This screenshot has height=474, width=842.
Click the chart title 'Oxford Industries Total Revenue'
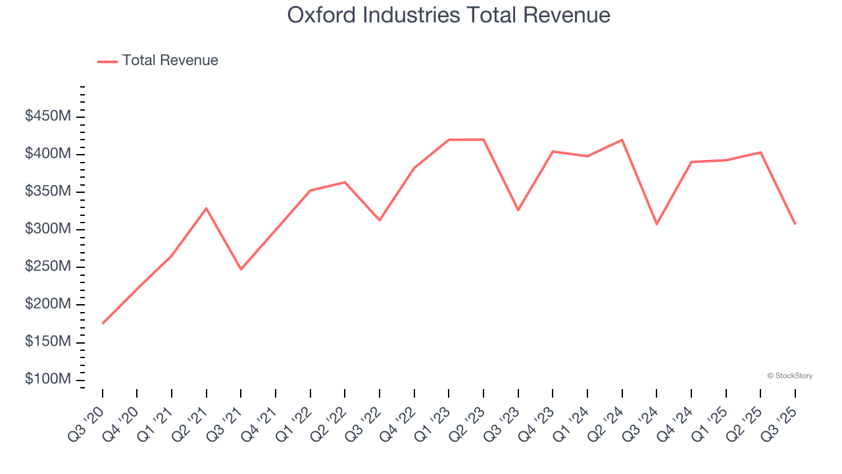[449, 14]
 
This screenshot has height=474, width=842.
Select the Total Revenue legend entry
[158, 61]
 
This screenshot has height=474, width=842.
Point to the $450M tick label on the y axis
[47, 117]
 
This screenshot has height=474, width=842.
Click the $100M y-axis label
[47, 380]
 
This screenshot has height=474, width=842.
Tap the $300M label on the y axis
[47, 229]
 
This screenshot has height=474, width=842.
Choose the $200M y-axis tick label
[47, 305]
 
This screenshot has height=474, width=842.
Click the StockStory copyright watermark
[789, 376]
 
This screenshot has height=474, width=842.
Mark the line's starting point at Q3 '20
[103, 323]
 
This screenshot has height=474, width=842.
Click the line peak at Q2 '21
[207, 208]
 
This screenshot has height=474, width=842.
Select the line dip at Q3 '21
[241, 269]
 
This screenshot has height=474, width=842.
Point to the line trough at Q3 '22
[380, 220]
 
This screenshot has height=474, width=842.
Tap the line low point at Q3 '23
[518, 210]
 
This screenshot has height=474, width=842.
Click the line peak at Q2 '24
[622, 140]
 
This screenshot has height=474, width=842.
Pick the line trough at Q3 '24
[656, 224]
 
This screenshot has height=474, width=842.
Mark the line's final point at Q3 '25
[795, 224]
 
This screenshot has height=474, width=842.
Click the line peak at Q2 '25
[760, 152]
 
